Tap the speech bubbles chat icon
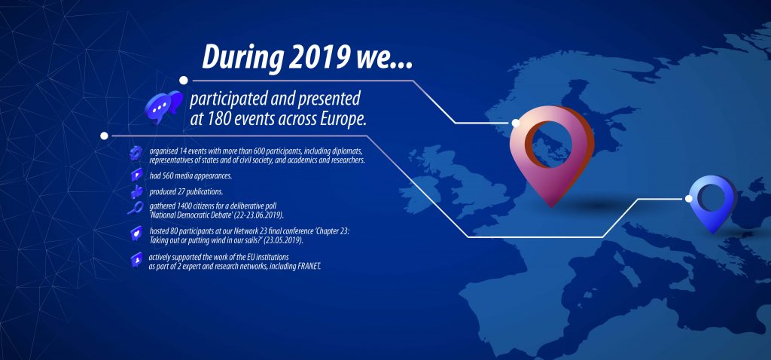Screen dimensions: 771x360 pyautogui.click(x=163, y=106)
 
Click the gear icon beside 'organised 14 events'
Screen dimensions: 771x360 pyautogui.click(x=136, y=154)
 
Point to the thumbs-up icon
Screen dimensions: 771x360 pyautogui.click(x=136, y=192)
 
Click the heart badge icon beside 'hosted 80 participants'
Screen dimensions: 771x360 pyautogui.click(x=136, y=233)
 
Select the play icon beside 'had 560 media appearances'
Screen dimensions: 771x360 pyautogui.click(x=136, y=175)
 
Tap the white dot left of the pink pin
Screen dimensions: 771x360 pyautogui.click(x=516, y=123)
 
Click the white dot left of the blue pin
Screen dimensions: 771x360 pyautogui.click(x=689, y=198)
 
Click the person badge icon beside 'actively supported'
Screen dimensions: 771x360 pyautogui.click(x=137, y=259)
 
